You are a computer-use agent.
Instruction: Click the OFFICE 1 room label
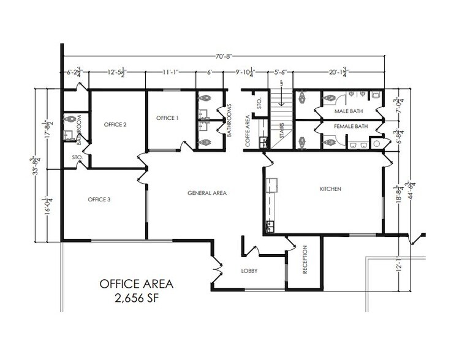(167, 118)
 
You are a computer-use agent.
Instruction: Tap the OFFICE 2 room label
(115, 125)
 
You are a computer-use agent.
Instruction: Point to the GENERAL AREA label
(207, 193)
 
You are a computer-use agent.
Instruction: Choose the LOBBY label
(249, 270)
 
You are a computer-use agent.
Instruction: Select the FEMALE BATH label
(350, 127)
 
